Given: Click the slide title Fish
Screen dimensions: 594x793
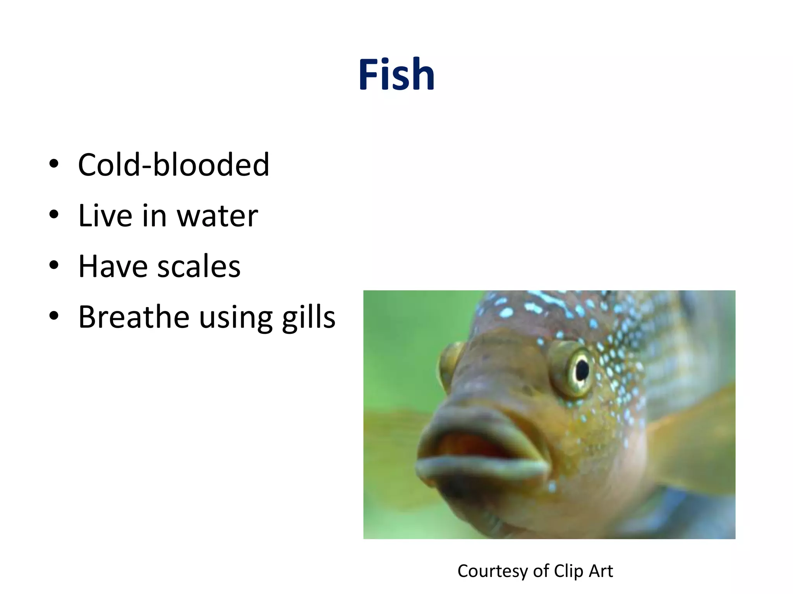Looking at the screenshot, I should (x=396, y=74).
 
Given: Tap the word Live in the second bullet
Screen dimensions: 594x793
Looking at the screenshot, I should (x=105, y=215).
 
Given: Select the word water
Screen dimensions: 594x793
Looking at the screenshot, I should (x=218, y=215).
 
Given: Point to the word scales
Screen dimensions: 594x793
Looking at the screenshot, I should (x=199, y=266).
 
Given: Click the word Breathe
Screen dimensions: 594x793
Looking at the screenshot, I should (x=134, y=317).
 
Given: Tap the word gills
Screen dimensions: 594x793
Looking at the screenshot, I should (x=309, y=317).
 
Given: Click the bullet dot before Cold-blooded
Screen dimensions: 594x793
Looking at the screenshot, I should (x=54, y=164).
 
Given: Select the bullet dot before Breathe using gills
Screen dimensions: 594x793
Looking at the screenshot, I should (x=54, y=316).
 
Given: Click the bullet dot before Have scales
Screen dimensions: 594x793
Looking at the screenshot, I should (x=54, y=265).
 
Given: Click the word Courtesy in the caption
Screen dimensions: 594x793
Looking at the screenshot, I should (x=492, y=571).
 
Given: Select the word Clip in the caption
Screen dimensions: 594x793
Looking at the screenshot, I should (x=569, y=571).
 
